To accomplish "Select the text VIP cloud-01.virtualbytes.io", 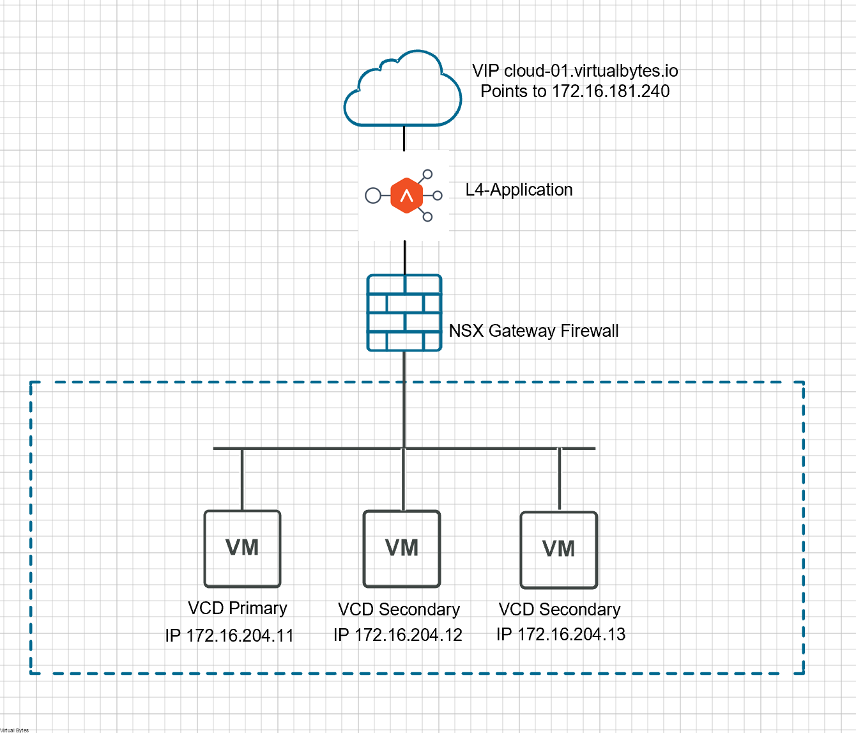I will click(575, 71).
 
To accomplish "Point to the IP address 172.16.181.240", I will click(610, 91).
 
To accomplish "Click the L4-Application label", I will click(519, 190).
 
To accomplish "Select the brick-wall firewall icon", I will click(404, 313).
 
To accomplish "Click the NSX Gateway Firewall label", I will click(533, 331).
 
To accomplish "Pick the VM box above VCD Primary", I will click(242, 548).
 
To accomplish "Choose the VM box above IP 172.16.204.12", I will click(402, 548).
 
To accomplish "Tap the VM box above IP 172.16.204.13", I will click(559, 550).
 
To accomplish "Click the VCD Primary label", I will click(238, 608).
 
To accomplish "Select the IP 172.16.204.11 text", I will click(229, 636).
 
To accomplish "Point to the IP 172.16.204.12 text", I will click(397, 635).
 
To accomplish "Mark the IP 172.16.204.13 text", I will click(561, 635).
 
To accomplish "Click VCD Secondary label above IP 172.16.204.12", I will click(399, 610).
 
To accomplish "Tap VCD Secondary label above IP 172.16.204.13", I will click(560, 610).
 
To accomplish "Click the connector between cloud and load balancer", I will click(404, 139).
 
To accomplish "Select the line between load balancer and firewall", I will click(404, 258).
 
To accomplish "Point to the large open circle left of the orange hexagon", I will click(373, 196).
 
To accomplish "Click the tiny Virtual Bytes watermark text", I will click(14, 730).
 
